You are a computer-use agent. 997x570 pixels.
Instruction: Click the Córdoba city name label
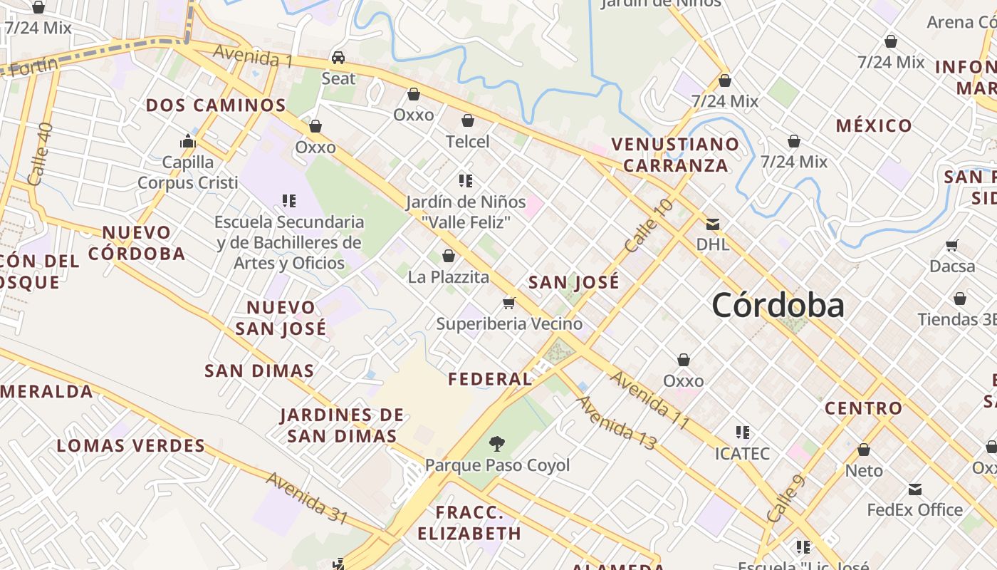click(x=778, y=306)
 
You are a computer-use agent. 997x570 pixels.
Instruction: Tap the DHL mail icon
click(x=712, y=224)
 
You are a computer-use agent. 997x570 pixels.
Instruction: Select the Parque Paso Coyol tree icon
click(x=497, y=444)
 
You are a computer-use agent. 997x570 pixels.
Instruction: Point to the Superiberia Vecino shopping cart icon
click(x=509, y=304)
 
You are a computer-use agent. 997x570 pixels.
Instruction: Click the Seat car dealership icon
click(x=338, y=58)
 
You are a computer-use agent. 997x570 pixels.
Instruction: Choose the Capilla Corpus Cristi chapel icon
click(x=188, y=141)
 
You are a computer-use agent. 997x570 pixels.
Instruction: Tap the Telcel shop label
click(x=468, y=142)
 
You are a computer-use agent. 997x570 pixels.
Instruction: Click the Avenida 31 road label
click(x=306, y=497)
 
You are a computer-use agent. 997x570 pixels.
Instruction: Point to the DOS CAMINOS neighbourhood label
click(x=216, y=105)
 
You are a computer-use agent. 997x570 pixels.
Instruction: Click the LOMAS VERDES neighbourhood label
click(x=131, y=446)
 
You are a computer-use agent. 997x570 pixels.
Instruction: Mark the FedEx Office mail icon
click(x=915, y=489)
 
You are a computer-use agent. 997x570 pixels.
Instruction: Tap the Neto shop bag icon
click(x=864, y=450)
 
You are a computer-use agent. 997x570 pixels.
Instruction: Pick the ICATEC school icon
click(x=743, y=432)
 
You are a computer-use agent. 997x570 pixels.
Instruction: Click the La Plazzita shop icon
click(x=449, y=256)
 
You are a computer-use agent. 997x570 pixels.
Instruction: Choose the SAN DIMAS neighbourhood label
click(x=259, y=370)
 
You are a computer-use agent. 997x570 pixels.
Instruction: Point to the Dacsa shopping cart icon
click(x=952, y=246)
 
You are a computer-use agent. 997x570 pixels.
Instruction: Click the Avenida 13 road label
click(x=616, y=423)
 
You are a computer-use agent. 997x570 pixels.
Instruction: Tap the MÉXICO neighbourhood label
click(x=874, y=126)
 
